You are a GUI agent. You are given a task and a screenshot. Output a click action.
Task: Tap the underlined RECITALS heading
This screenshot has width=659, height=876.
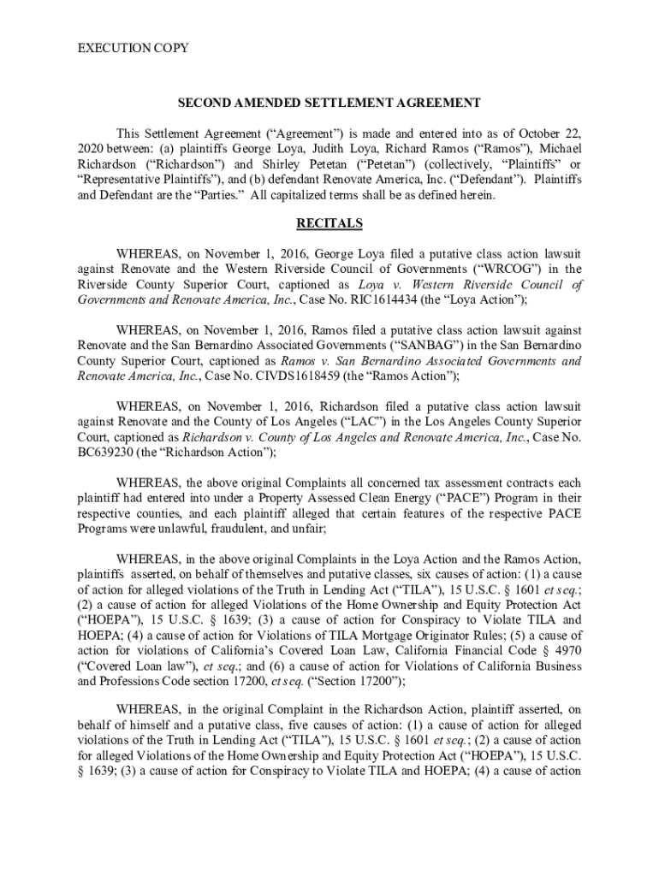[x=329, y=224]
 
